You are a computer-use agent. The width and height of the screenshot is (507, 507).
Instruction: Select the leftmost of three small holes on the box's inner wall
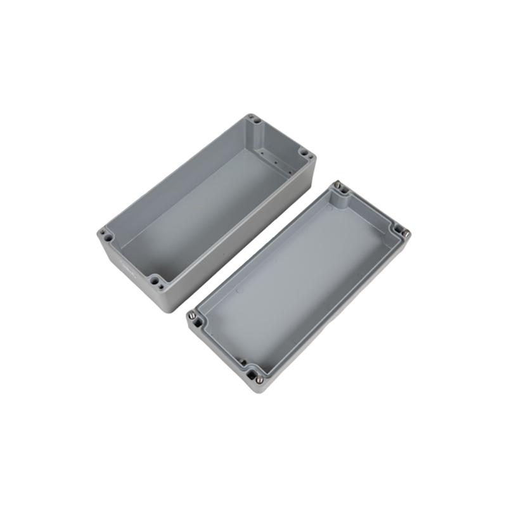(261, 153)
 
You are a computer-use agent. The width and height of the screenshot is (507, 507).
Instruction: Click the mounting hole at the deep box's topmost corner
(253, 118)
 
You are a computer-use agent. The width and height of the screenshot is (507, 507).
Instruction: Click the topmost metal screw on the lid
(338, 186)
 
